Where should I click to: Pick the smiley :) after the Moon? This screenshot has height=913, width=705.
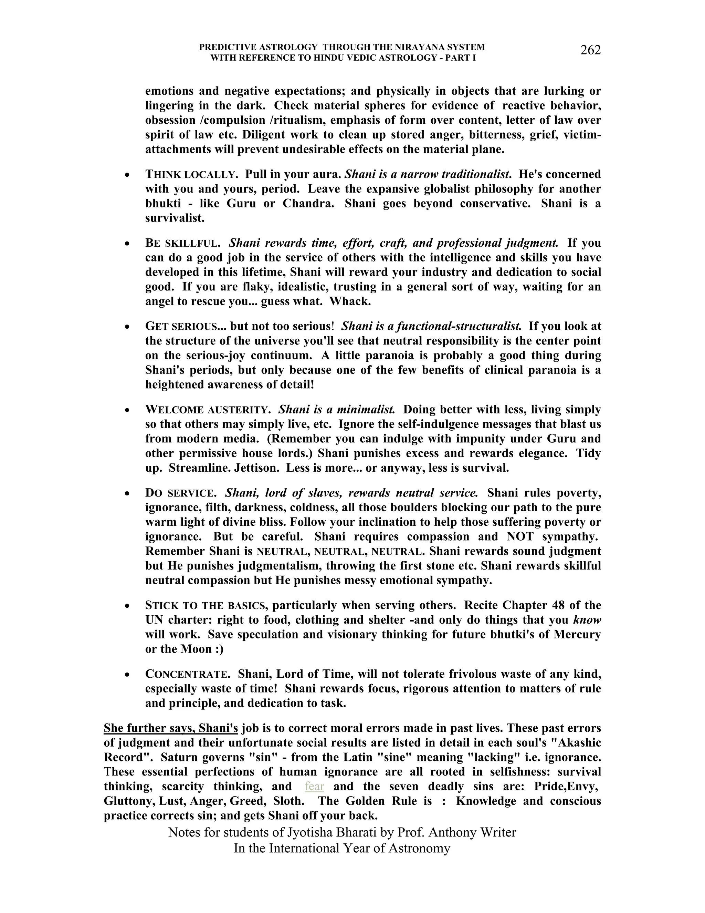point(218,649)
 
